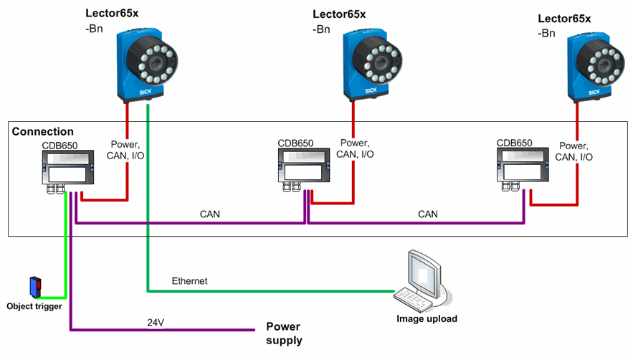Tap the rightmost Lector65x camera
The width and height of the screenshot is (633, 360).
click(x=594, y=66)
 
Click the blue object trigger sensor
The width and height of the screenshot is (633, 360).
click(x=34, y=287)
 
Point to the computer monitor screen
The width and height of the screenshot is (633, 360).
click(x=421, y=271)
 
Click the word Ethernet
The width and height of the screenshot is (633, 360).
click(x=189, y=281)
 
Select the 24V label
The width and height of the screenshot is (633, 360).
click(x=154, y=322)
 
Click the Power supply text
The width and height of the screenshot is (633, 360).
click(x=285, y=333)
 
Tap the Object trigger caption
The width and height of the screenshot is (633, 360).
click(x=34, y=306)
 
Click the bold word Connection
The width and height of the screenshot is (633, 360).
click(x=43, y=132)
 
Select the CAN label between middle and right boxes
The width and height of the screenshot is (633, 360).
click(x=427, y=214)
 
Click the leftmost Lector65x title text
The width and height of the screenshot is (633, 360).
click(x=112, y=14)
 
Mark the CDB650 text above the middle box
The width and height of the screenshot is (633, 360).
click(x=295, y=142)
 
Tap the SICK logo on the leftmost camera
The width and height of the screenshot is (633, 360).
click(x=144, y=93)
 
